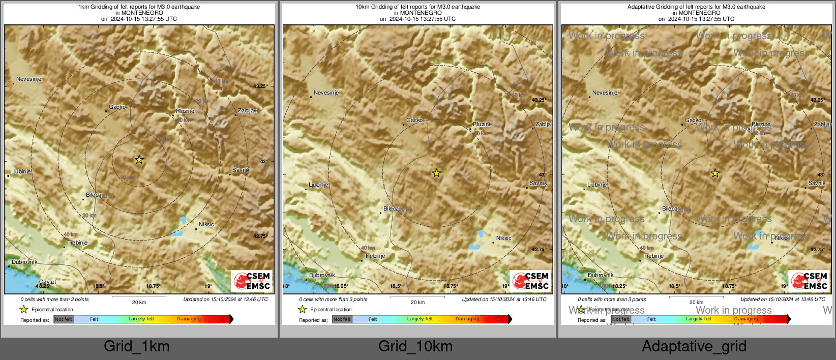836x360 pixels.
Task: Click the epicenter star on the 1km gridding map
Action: point(139,160)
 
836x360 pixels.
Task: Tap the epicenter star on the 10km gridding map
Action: point(436,173)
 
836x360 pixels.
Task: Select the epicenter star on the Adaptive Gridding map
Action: point(715,173)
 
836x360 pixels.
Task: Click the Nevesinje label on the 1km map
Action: point(28,79)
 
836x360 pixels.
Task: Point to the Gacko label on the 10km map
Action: point(414,121)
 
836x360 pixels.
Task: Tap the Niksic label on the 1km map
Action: point(206,224)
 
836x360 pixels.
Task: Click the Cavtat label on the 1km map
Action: point(48,282)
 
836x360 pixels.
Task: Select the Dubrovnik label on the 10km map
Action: point(322,276)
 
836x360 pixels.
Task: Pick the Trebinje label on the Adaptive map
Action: point(653,256)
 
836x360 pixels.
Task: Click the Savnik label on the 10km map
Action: point(538,184)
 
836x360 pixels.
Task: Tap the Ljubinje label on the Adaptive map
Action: point(597,185)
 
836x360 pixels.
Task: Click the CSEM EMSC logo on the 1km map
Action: point(252,281)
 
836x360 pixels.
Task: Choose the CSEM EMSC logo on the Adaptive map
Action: point(809,281)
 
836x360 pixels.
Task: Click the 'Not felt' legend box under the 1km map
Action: point(64,319)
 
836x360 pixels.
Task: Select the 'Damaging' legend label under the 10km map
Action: point(467,319)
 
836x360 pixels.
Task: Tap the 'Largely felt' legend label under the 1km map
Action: point(141,319)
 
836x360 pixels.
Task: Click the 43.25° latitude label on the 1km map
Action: point(260,86)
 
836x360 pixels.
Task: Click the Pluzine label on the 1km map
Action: point(185,111)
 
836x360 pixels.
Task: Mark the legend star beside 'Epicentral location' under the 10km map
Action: point(303,309)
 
